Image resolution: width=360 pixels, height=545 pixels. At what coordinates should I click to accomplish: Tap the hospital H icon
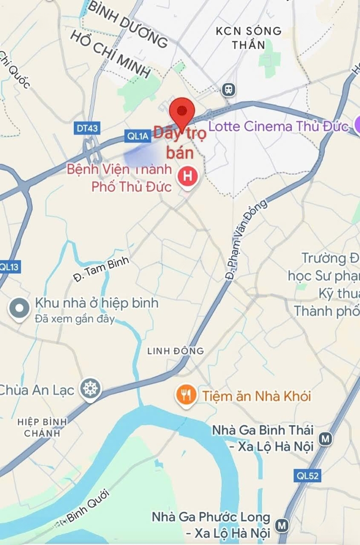click(x=188, y=177)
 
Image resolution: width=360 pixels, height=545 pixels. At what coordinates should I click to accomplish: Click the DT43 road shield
click(x=87, y=129)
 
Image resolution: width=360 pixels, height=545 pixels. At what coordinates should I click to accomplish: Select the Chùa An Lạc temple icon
click(x=91, y=389)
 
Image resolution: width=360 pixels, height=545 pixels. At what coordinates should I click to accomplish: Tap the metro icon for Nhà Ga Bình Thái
click(x=326, y=439)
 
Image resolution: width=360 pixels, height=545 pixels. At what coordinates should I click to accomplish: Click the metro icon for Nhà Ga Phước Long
click(x=282, y=525)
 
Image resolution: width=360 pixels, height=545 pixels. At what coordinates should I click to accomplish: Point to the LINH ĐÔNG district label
click(x=176, y=351)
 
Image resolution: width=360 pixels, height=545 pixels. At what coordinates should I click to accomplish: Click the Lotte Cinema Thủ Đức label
click(x=279, y=126)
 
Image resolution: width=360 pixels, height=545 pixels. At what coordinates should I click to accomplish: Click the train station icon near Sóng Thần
click(x=229, y=90)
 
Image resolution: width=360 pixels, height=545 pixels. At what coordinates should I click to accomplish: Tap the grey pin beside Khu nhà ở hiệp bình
click(x=20, y=308)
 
